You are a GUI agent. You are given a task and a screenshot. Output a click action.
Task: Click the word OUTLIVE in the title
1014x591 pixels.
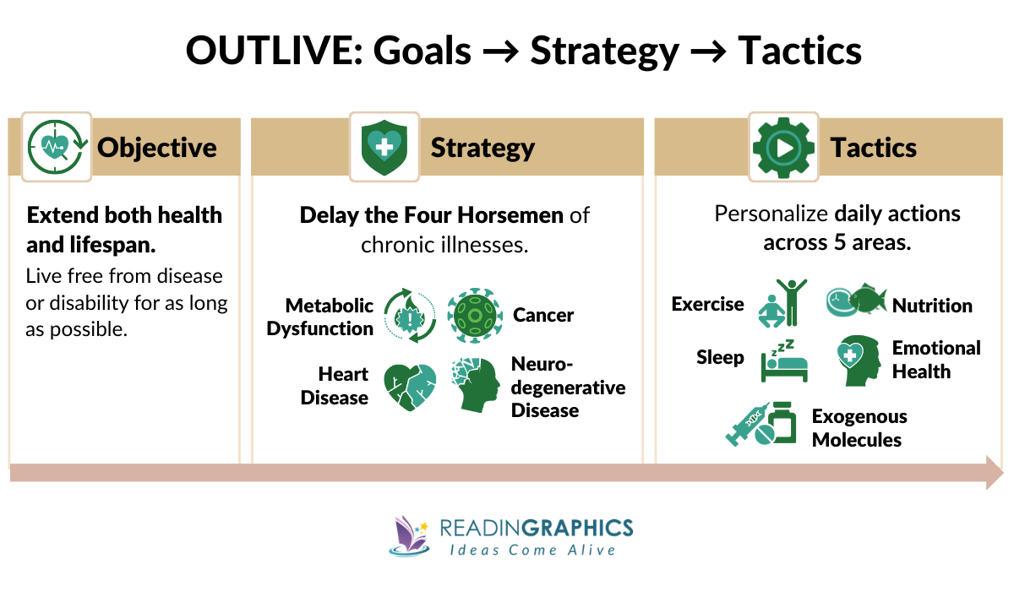point(259,52)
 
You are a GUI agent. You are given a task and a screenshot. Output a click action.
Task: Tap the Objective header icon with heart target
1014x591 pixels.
point(57,147)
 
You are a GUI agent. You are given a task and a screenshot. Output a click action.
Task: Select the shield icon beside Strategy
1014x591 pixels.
point(384,147)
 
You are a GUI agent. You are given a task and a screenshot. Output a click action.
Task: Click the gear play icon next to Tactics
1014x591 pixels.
point(783,147)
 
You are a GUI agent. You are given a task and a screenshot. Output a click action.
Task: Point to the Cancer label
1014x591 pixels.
point(543,316)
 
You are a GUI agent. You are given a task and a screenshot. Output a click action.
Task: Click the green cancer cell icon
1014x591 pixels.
point(474,316)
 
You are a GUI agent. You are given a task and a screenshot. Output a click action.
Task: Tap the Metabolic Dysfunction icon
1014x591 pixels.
point(410,316)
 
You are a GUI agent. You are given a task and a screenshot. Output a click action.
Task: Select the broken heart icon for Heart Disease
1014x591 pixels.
point(410,386)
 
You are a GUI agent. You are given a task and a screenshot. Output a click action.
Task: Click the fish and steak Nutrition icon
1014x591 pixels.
point(856,301)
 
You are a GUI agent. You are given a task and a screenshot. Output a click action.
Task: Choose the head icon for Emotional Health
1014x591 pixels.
point(858,361)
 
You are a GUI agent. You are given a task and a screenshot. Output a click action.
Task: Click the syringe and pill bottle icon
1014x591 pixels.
point(761,424)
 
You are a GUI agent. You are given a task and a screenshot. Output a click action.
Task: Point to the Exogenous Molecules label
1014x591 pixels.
point(859,428)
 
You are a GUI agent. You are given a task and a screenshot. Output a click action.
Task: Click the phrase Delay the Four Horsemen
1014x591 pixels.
point(431,214)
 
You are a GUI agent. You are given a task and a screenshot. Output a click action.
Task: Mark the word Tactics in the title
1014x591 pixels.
point(799,52)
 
